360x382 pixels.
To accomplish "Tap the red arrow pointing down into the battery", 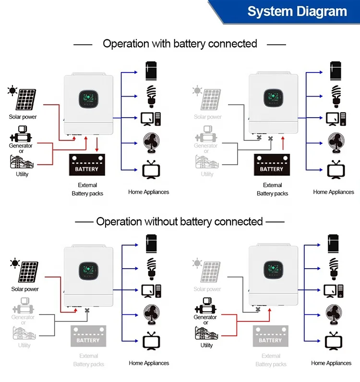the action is point(97,145).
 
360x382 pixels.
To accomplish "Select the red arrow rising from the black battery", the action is point(283,143).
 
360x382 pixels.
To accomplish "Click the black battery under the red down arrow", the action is point(87,165).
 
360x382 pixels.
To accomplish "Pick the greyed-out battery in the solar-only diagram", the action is point(88,336).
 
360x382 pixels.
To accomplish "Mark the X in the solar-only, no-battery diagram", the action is point(87,310).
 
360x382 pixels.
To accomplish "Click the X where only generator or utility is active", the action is point(258,309).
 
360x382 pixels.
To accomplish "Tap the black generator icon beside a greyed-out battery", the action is point(205,306).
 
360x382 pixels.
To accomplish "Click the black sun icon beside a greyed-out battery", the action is point(15,263).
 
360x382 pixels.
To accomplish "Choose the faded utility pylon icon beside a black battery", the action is point(207,162).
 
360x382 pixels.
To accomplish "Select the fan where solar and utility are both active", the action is point(151,143).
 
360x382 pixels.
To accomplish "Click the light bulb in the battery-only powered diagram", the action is point(336,96).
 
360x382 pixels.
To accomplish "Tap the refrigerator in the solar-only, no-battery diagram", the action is point(151,244).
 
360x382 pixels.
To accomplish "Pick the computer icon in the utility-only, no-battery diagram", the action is point(334,291).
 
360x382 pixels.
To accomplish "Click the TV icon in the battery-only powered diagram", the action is point(336,170).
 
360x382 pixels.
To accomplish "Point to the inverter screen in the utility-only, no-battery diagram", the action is point(273,270).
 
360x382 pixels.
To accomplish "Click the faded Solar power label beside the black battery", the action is point(208,117).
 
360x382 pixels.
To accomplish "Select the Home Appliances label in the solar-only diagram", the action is point(149,363).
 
